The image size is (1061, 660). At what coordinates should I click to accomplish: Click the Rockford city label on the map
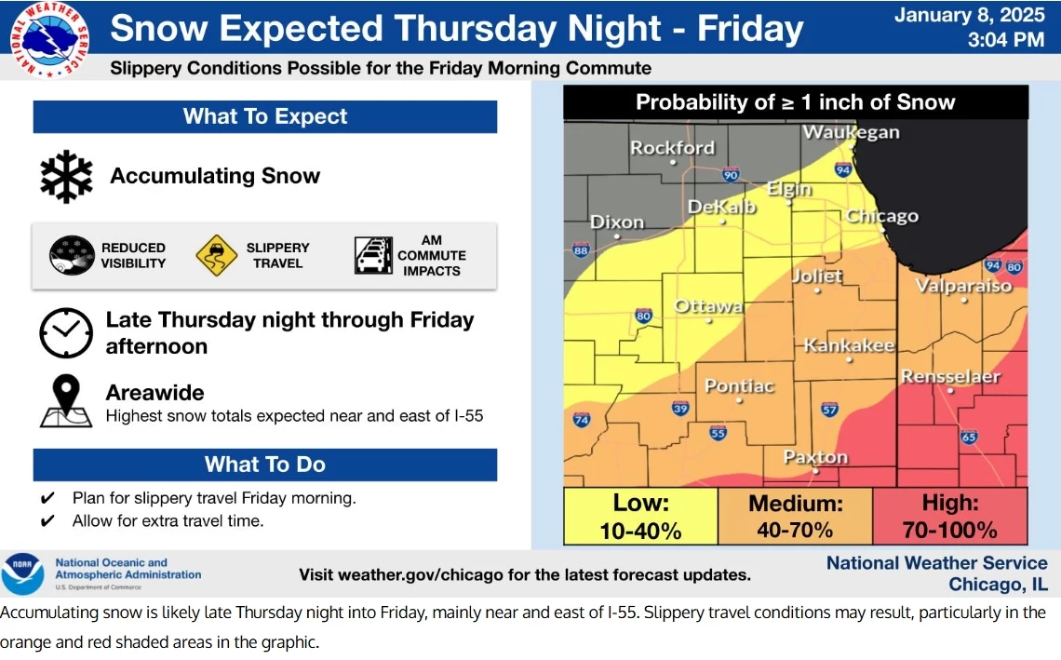coord(672,147)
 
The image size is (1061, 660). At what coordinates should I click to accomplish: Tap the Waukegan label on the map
coord(851,131)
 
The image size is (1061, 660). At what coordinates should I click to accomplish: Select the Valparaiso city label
coord(963,286)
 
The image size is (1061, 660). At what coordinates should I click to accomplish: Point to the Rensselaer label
coord(950,377)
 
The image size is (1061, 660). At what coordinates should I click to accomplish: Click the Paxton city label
coord(815,457)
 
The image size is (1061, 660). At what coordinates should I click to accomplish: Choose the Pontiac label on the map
coord(739,385)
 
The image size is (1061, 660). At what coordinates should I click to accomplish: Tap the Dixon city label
coord(617,222)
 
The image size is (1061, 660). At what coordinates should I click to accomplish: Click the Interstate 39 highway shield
coord(680,408)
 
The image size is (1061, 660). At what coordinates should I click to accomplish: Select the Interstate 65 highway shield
coord(969,437)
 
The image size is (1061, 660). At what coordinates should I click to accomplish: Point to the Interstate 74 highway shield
coord(583,420)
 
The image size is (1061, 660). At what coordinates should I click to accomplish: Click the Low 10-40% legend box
coord(641,517)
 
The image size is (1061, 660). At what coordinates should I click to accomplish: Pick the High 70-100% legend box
coord(949,517)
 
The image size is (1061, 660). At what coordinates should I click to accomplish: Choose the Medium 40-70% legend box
coord(795,517)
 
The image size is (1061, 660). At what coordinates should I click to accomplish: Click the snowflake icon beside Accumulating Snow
coord(66,176)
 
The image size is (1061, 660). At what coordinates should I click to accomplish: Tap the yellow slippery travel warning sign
coord(216,255)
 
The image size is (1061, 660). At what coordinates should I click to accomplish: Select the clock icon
coord(66,332)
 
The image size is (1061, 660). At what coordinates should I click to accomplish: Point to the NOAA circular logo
coord(22,574)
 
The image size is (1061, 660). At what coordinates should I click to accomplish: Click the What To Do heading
coord(265,465)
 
